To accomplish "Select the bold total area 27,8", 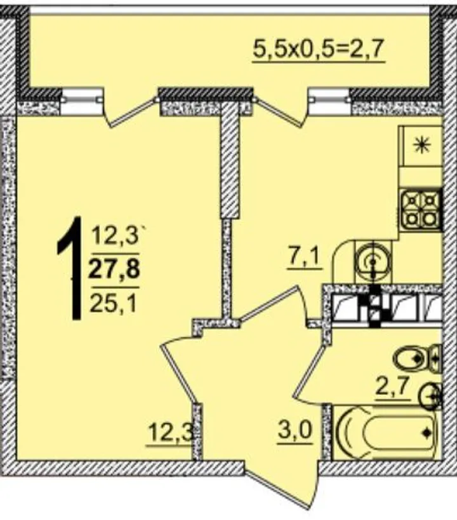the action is tap(114, 269).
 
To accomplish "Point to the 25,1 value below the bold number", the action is tap(113, 302).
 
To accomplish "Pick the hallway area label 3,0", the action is tap(295, 431).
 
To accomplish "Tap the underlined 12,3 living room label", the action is tap(170, 432).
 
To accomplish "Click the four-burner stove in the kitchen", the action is tap(421, 209).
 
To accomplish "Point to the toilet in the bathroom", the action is tap(417, 358).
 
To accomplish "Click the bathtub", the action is tap(387, 432).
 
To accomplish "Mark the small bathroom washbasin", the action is tap(430, 396).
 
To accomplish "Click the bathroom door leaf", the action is tap(310, 373).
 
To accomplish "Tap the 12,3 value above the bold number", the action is tap(114, 236).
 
